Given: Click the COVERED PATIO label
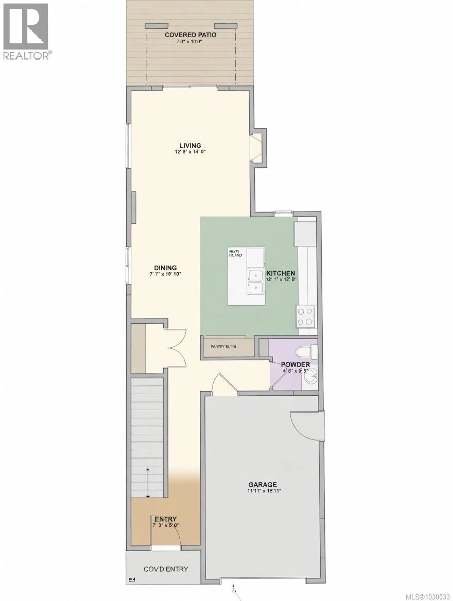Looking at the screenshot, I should pos(190,35).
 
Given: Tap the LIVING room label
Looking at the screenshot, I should pos(190,145).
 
